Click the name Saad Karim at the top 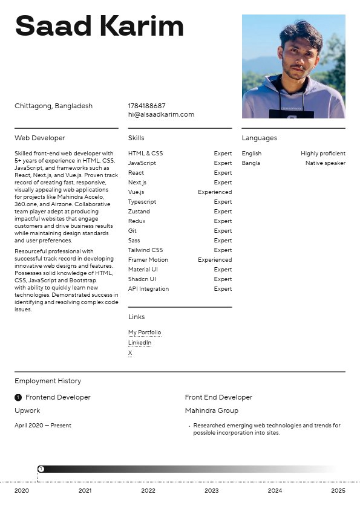tap(99, 27)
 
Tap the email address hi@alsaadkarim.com tap(161, 114)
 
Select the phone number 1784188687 tap(146, 106)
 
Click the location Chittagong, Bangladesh tap(53, 106)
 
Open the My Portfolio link tap(145, 332)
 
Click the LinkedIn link tap(140, 343)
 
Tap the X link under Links tap(130, 353)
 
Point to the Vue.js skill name tap(136, 192)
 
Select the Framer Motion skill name tap(148, 260)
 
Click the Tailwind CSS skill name tap(145, 250)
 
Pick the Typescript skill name tap(142, 202)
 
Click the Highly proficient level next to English tap(323, 154)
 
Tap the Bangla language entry tap(251, 163)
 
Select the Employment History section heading tap(48, 381)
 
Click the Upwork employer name tap(27, 410)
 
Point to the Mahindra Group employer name tap(212, 410)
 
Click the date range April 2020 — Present tap(43, 426)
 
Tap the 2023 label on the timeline tap(211, 491)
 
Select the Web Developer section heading tap(40, 138)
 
